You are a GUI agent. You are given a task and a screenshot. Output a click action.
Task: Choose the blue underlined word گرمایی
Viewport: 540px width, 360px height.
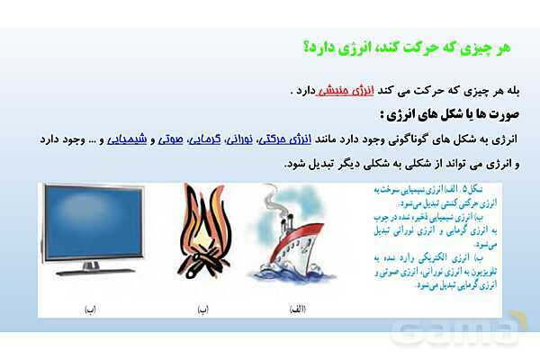pyautogui.click(x=204, y=139)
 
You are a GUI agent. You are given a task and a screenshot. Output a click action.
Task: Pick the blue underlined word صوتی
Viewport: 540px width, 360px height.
pyautogui.click(x=170, y=139)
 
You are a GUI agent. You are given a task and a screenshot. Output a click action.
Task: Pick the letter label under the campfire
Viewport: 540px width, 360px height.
pyautogui.click(x=203, y=309)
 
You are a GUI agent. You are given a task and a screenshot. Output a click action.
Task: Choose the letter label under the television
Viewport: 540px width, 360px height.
pyautogui.click(x=90, y=309)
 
